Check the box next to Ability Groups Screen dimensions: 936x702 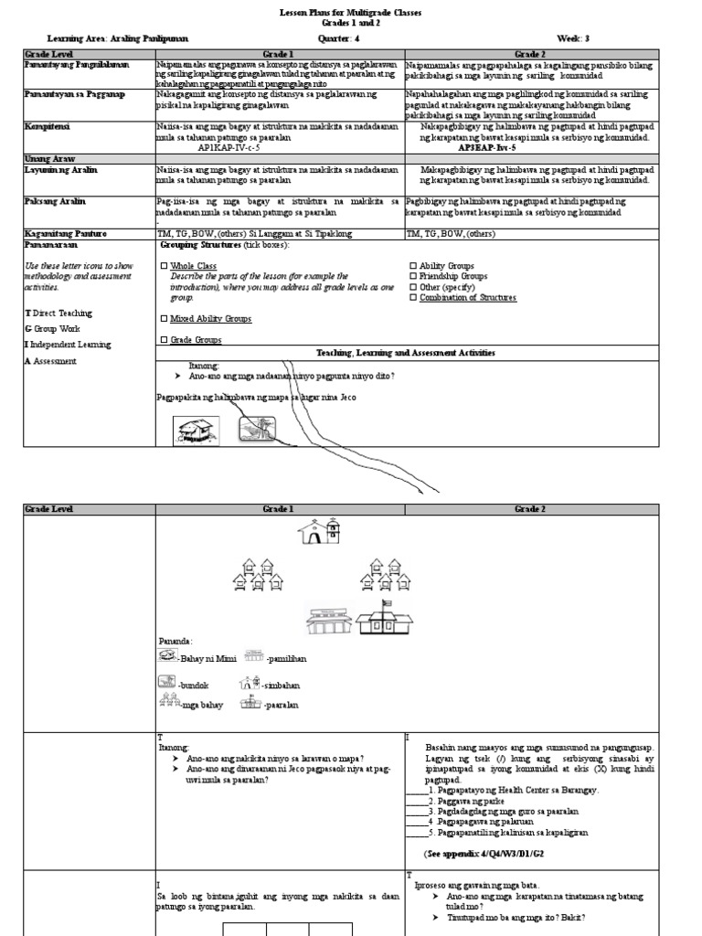coord(413,266)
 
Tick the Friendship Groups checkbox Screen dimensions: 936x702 coord(413,276)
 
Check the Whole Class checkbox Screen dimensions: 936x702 coord(164,266)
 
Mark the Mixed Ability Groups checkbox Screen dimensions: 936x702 coord(164,319)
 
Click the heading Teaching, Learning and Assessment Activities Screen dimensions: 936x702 coord(406,352)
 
